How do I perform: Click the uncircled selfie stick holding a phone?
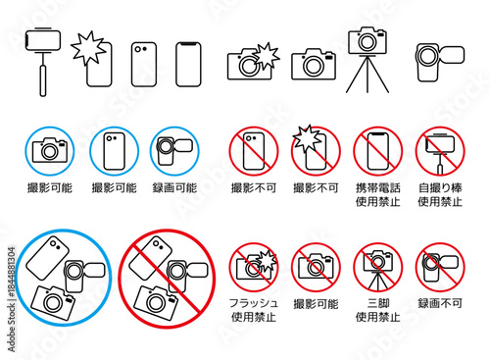(43, 62)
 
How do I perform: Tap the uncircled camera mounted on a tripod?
(367, 60)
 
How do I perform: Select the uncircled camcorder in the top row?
(440, 63)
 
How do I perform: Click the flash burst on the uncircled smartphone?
(88, 48)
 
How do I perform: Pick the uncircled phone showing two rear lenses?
(144, 65)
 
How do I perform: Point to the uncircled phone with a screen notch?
(188, 65)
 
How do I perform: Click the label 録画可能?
(174, 188)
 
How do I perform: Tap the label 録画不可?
(440, 303)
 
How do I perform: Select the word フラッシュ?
(254, 303)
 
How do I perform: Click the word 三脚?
(378, 303)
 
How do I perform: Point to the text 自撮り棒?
(440, 188)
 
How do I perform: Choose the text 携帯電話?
(378, 188)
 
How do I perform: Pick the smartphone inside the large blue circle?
(48, 258)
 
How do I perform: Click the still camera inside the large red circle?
(156, 303)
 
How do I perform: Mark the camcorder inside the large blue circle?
(84, 276)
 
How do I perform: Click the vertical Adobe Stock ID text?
(12, 299)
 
